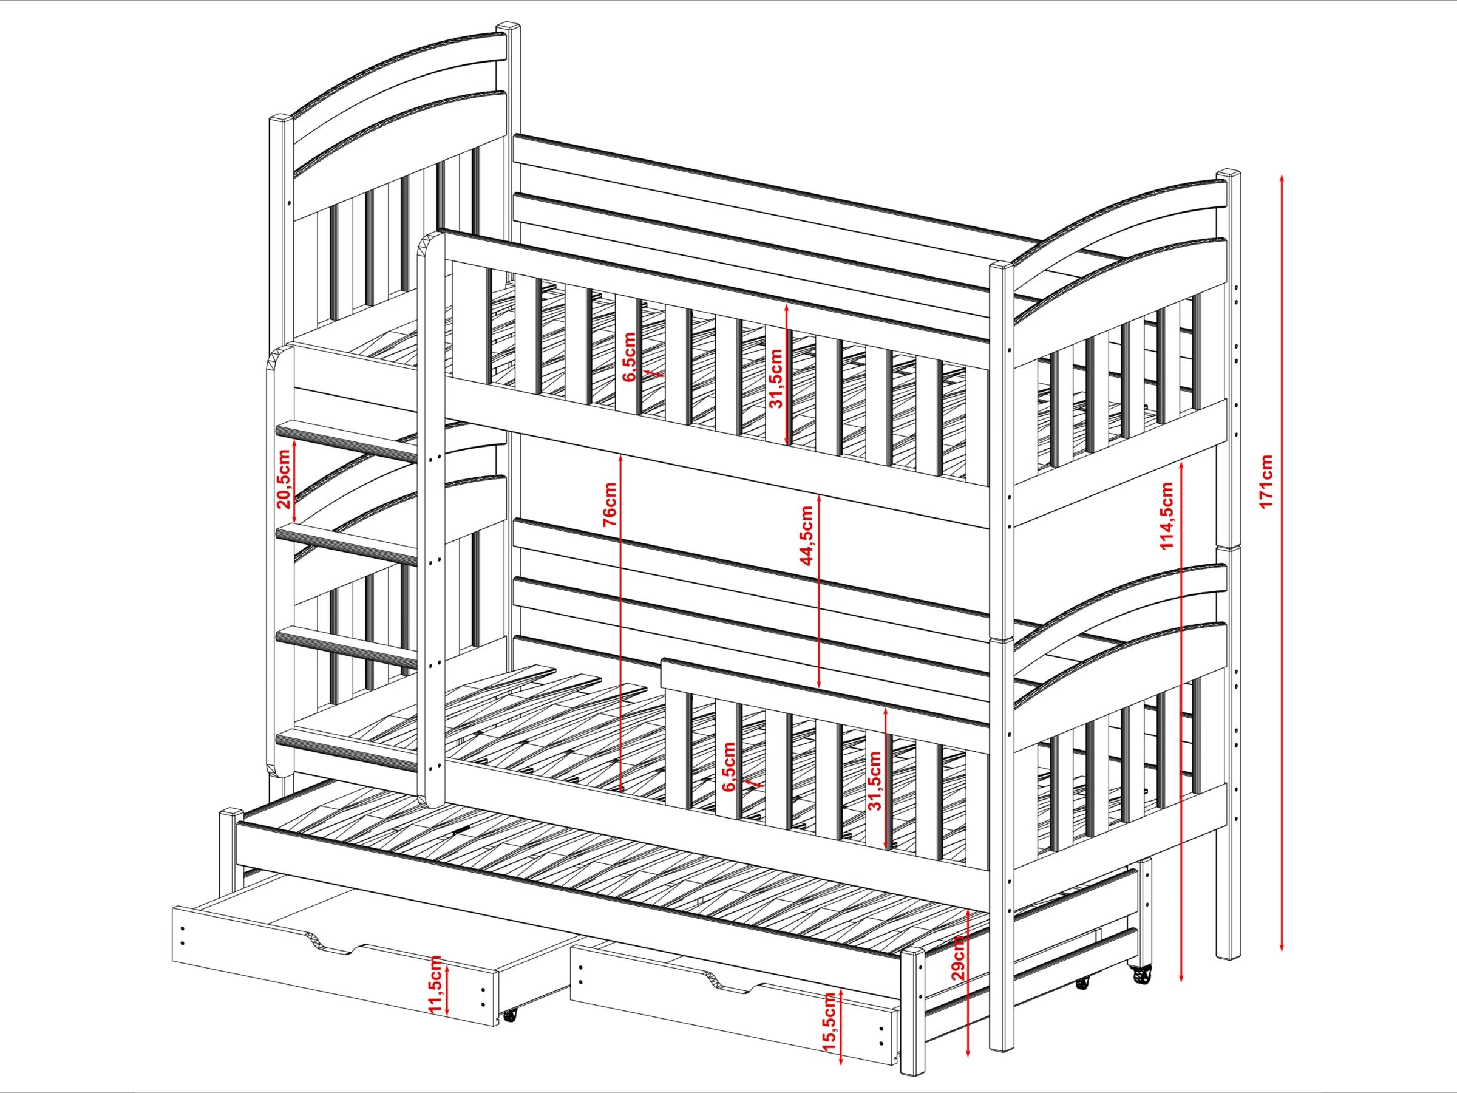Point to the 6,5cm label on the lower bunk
[x=728, y=767]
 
